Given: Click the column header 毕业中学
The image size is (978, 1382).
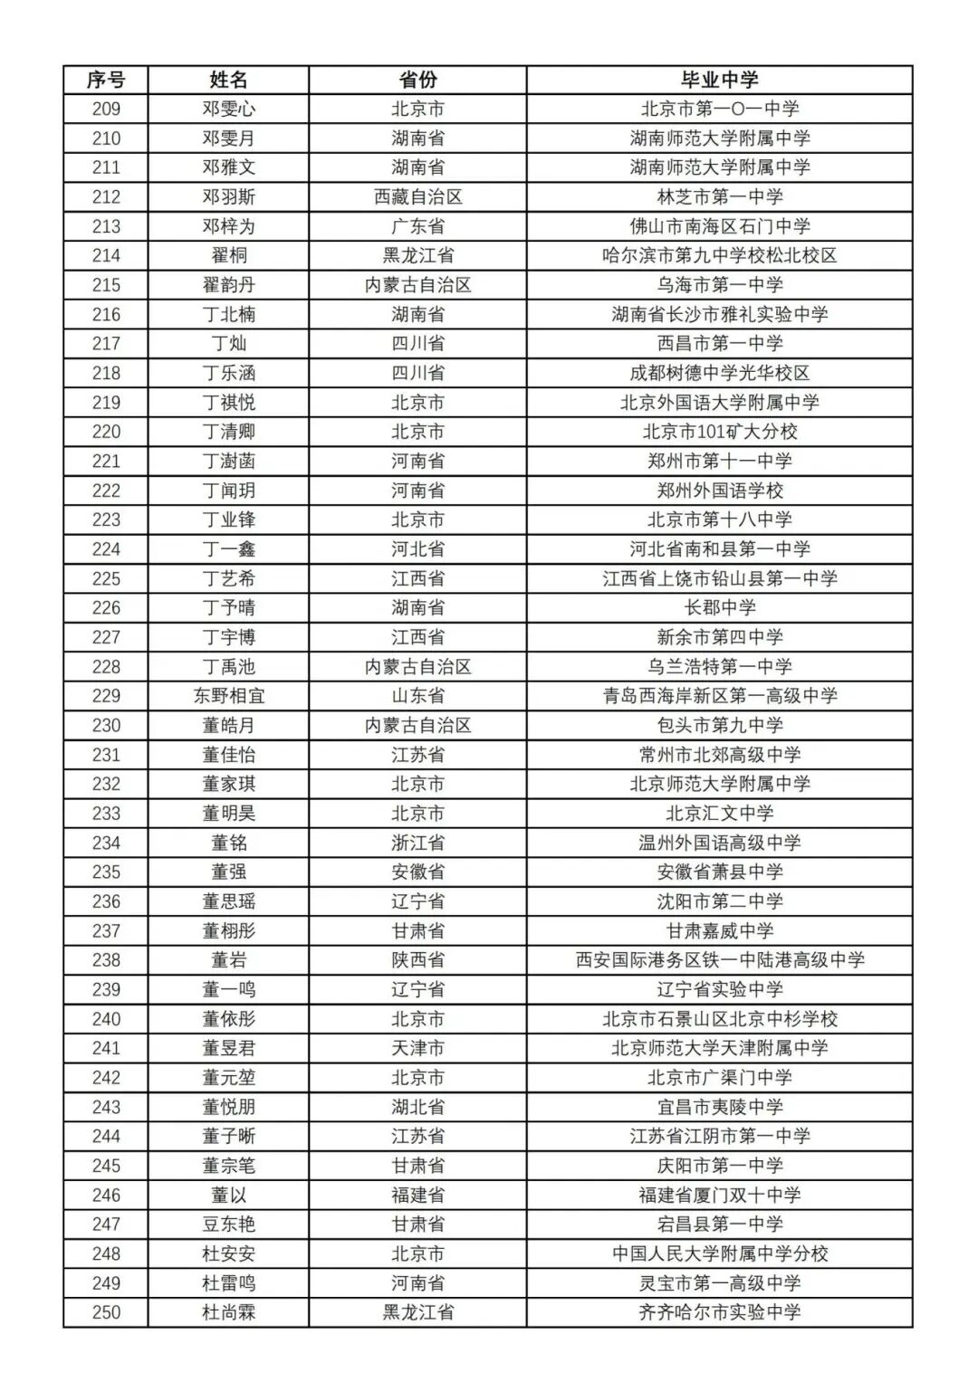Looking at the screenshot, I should point(720,80).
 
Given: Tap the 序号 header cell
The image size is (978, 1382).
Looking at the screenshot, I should point(106,80).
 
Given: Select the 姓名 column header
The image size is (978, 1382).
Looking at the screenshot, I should point(228,80).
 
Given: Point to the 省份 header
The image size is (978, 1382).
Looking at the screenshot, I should point(417,80).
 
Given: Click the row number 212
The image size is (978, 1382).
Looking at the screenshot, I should point(106,196).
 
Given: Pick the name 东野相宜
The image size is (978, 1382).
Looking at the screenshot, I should point(228,696).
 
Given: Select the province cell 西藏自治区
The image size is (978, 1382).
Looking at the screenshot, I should point(417,196).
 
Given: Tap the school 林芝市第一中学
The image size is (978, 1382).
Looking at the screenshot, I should point(720,196).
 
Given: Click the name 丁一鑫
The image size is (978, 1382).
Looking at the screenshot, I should point(228,549).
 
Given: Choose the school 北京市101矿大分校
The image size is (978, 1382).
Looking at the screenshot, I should point(720,432).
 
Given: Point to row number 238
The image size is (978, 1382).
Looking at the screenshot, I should point(106,960).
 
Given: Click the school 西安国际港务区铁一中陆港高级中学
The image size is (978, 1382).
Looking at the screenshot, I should point(720,960).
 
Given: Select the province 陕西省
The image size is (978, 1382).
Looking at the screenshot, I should point(417,960).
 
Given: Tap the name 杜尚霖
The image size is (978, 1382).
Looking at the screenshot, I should point(228,1312).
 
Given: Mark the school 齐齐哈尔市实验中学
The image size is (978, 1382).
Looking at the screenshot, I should point(720,1312).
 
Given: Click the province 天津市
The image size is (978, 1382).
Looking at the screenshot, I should point(417,1048).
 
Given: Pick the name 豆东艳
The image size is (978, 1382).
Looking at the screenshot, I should point(228,1225).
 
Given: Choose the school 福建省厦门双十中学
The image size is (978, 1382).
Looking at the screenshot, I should point(720,1195).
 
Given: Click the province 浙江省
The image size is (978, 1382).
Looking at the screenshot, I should point(417,843).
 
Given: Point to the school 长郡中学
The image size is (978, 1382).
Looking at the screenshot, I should point(720,608).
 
